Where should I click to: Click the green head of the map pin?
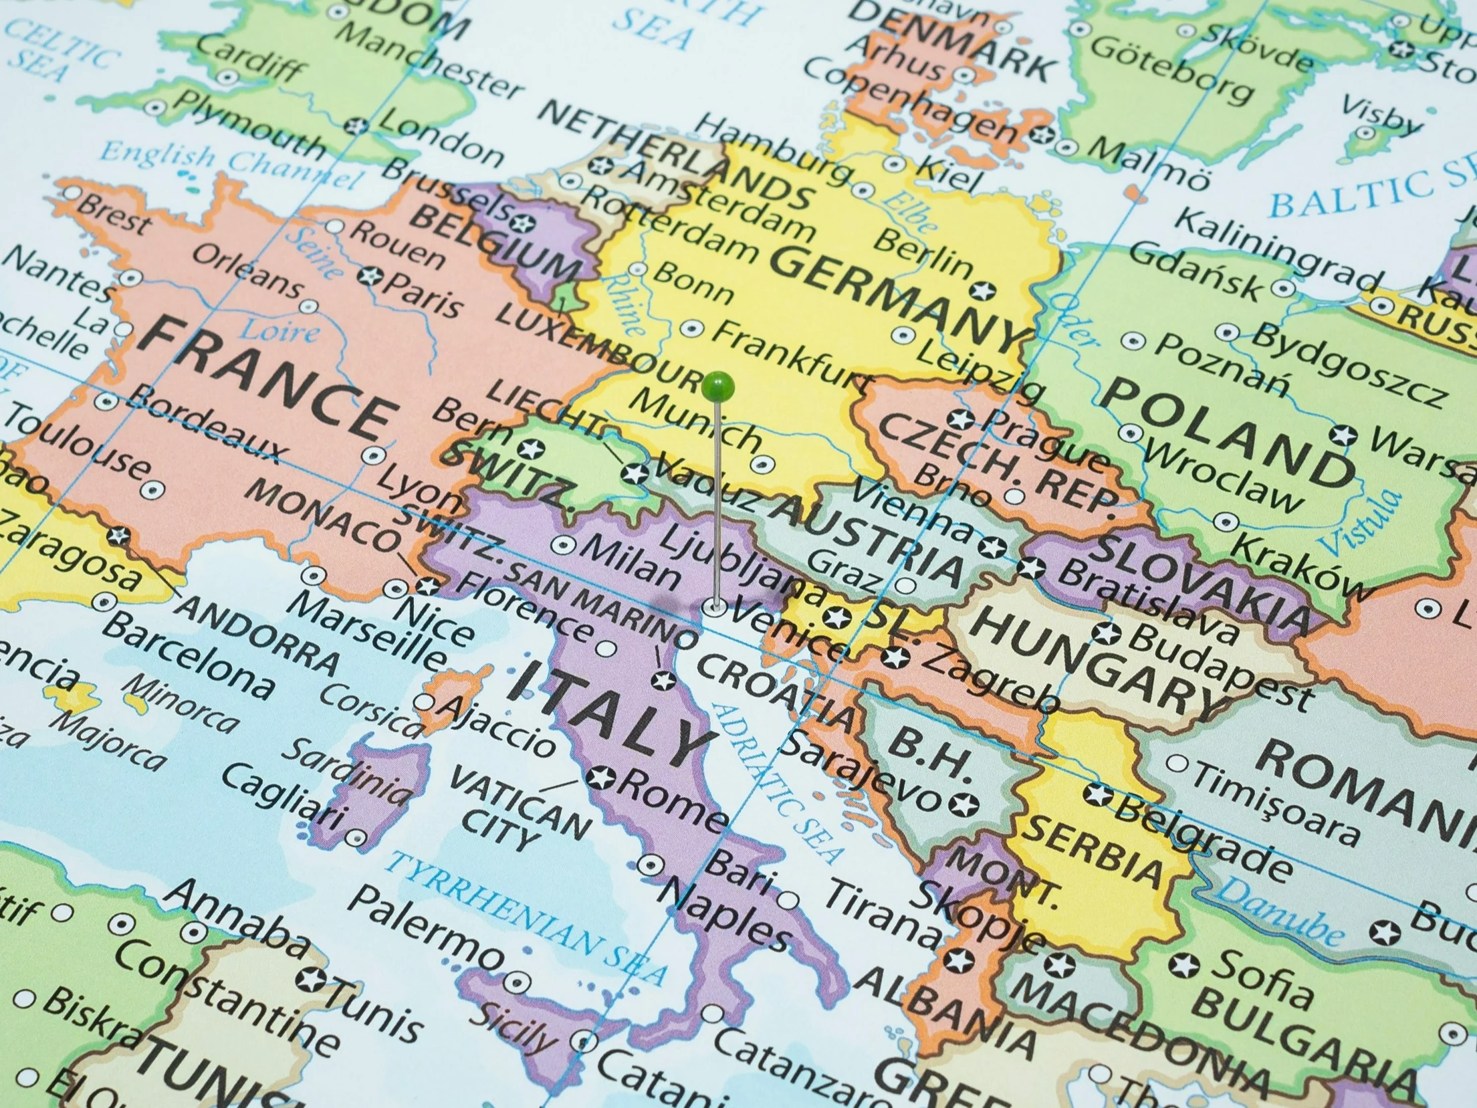[718, 386]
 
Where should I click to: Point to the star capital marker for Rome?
[599, 778]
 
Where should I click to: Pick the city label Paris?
[421, 295]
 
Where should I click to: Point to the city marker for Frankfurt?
[693, 328]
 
